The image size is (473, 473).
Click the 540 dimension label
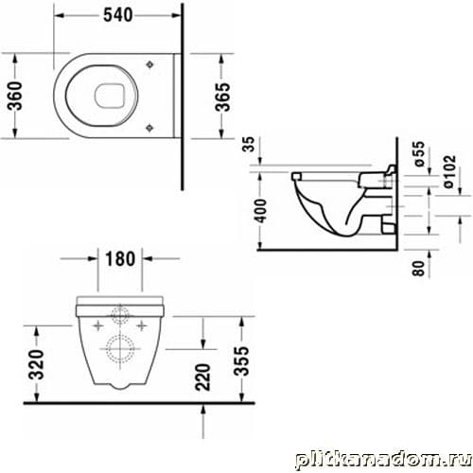coord(118,15)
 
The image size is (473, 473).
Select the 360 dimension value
coord(15,96)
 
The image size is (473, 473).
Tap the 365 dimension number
coord(222,96)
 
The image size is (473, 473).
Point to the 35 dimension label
coord(249,144)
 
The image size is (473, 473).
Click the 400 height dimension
coord(261,211)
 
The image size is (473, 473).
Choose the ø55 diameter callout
coord(419,154)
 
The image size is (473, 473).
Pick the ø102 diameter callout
coord(450,171)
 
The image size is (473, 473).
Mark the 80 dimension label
coord(419,269)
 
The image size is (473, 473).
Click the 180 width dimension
coord(120,258)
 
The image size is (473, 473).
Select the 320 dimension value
coord(36,364)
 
